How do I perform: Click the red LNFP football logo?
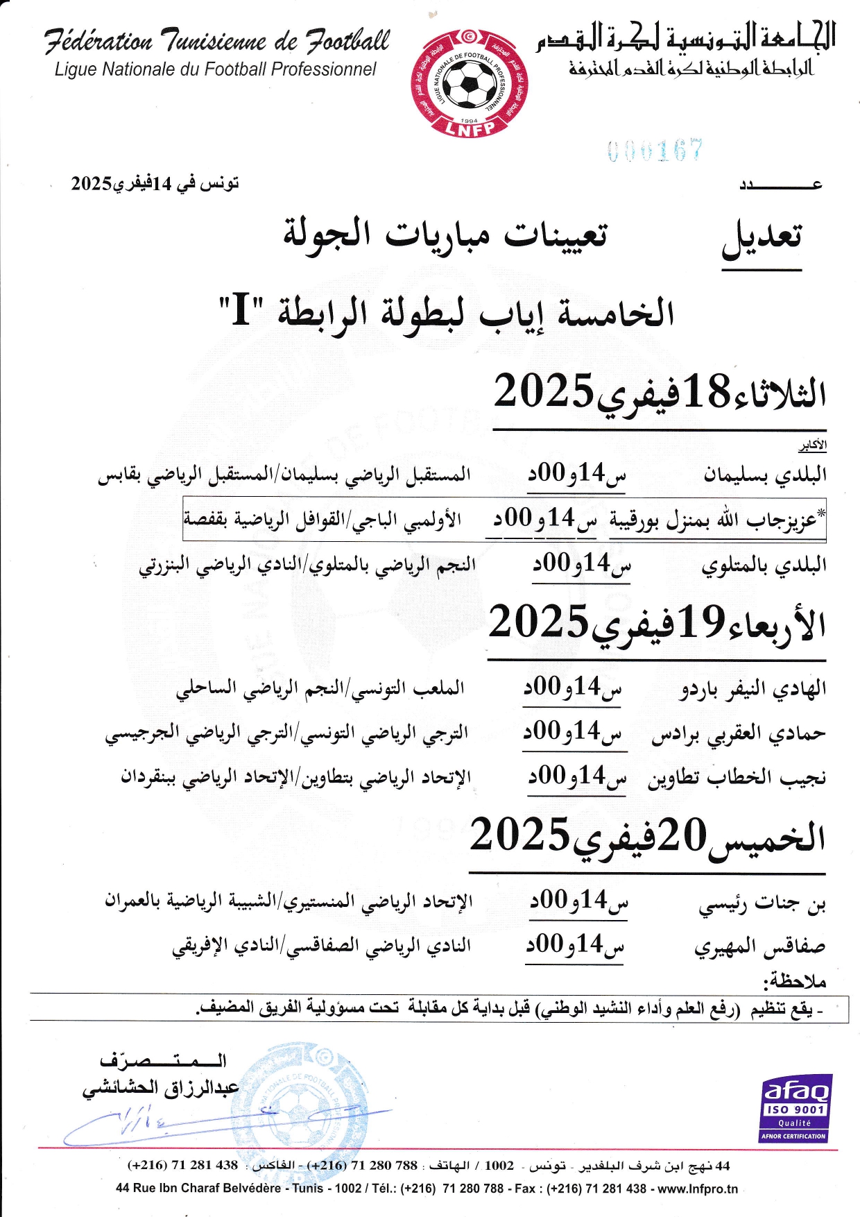click(x=469, y=83)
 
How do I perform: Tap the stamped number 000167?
click(x=655, y=151)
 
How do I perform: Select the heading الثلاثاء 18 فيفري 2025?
click(x=660, y=392)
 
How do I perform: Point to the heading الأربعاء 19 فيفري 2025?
click(x=657, y=622)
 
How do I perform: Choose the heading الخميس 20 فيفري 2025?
click(x=647, y=836)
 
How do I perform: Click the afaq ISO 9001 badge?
click(x=795, y=1108)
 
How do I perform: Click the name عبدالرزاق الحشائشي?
click(x=161, y=1088)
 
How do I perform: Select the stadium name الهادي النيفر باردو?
click(x=753, y=689)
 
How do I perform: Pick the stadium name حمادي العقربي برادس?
click(x=739, y=734)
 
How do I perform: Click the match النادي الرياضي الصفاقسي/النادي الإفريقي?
click(x=322, y=946)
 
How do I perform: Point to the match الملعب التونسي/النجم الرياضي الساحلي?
click(x=320, y=689)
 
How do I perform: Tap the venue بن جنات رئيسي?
click(x=762, y=904)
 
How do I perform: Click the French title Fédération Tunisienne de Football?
click(x=217, y=42)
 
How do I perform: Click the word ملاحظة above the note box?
click(x=795, y=981)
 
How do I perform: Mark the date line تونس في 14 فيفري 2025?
click(x=155, y=184)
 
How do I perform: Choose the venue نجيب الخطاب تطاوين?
click(x=737, y=778)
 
